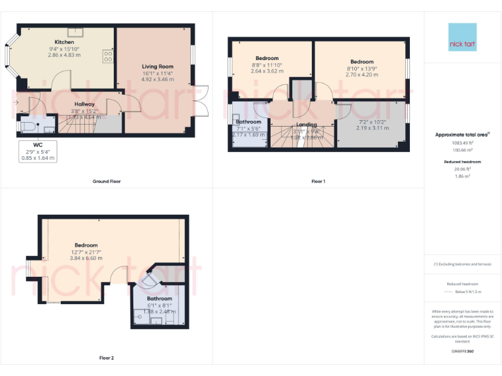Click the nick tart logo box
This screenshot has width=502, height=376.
(462, 37)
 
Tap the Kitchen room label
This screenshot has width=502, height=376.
(64, 42)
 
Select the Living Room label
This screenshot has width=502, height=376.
(158, 67)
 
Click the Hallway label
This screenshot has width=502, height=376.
(85, 104)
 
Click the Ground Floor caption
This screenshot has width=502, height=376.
(107, 181)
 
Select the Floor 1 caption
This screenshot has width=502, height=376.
(318, 181)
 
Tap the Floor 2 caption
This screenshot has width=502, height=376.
(107, 358)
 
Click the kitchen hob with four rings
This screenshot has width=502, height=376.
(107, 56)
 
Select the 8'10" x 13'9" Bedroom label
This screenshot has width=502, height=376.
(361, 62)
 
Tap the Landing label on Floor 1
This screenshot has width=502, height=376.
(307, 124)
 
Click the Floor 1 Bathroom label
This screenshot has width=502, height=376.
(248, 122)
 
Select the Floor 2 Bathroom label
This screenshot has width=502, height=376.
(159, 298)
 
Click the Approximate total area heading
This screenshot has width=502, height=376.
(462, 135)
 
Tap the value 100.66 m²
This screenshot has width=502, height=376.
(462, 149)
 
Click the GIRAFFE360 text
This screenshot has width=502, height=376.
(462, 352)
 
